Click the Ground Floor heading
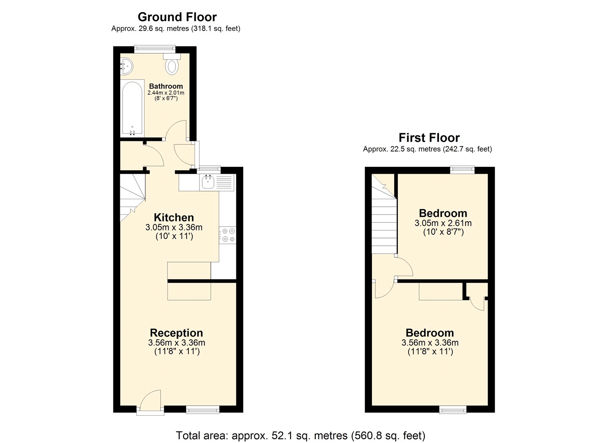(x=177, y=17)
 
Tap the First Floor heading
(x=429, y=138)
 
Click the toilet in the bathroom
(x=172, y=66)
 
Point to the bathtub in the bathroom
(x=132, y=108)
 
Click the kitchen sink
(x=208, y=182)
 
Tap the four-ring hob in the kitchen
(x=228, y=235)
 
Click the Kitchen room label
(x=174, y=218)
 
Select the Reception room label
(x=176, y=333)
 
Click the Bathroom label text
(x=166, y=86)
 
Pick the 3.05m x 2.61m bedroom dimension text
(x=443, y=223)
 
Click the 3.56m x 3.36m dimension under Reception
(x=177, y=343)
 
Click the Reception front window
(x=203, y=409)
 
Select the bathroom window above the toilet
(x=155, y=49)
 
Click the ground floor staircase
(x=132, y=196)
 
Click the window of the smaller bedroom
(x=462, y=170)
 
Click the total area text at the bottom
(x=300, y=435)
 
